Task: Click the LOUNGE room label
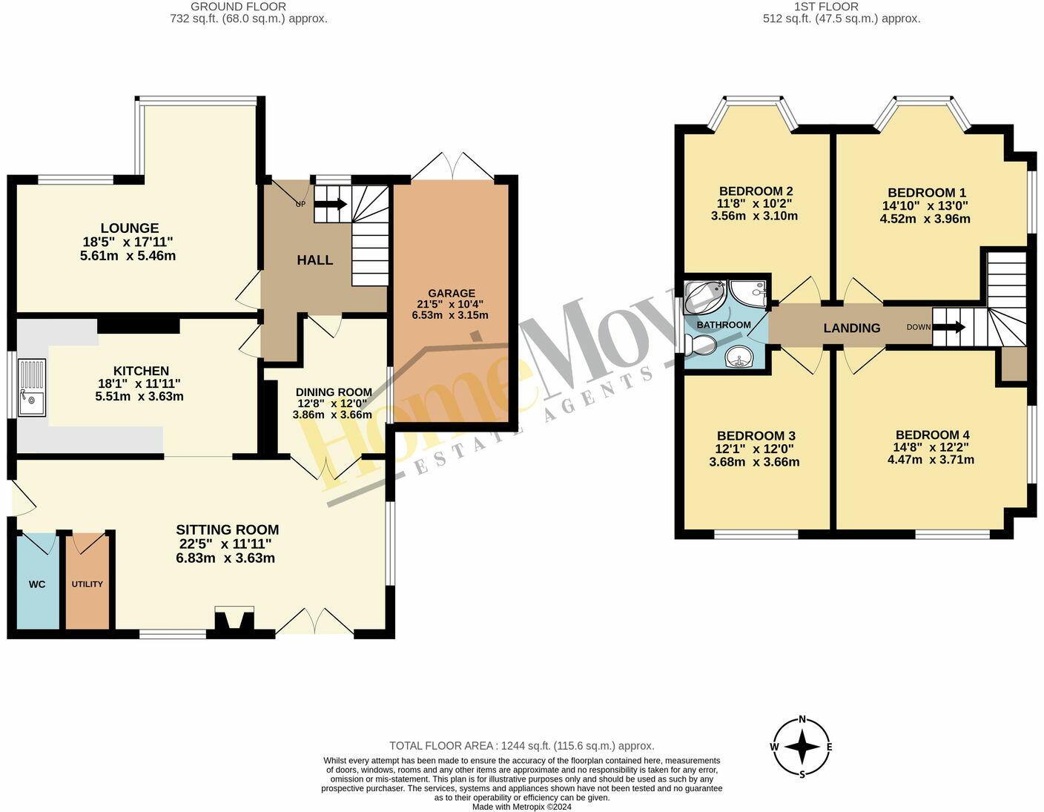click(x=130, y=228)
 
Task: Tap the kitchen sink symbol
click(x=31, y=387)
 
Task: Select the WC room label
click(x=37, y=584)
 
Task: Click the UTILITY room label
click(x=87, y=584)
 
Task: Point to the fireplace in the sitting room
click(x=234, y=621)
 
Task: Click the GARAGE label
click(x=451, y=294)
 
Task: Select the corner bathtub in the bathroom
click(x=704, y=297)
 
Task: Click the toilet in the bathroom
click(x=700, y=345)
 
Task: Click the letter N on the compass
click(x=802, y=719)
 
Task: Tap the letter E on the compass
click(x=829, y=747)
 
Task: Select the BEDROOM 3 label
click(x=756, y=436)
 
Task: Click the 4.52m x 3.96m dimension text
click(x=925, y=219)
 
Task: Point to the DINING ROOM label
click(x=334, y=392)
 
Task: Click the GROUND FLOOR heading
click(x=238, y=7)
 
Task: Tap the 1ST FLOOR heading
click(x=826, y=7)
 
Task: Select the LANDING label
click(x=852, y=328)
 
